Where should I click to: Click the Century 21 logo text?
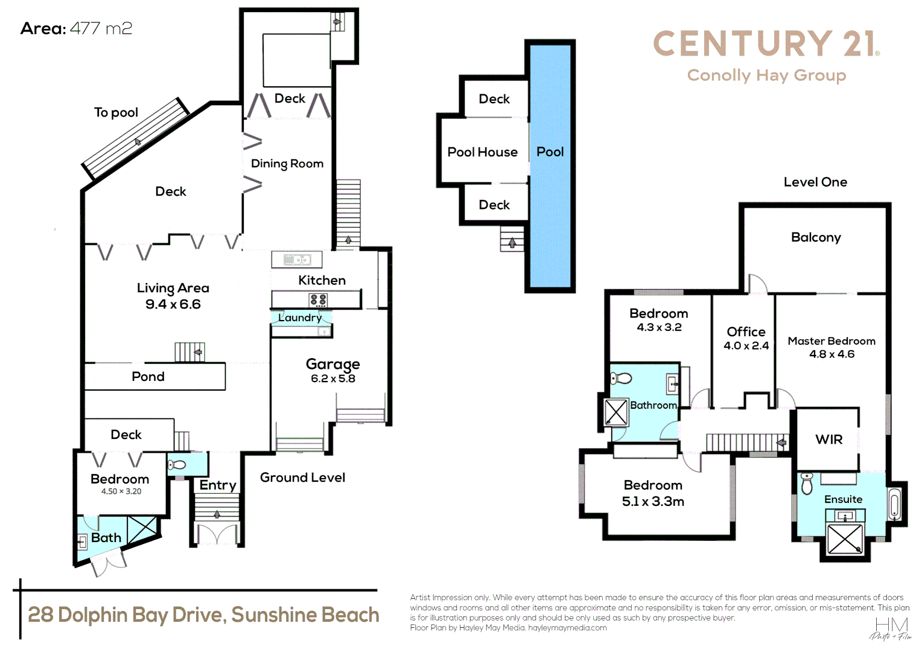[x=765, y=45]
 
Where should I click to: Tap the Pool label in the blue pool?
[x=550, y=152]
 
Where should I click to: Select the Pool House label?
[x=482, y=152]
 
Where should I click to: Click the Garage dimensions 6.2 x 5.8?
[x=333, y=379]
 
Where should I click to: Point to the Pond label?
[x=148, y=377]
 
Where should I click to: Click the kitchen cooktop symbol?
[x=318, y=299]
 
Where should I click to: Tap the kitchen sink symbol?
[x=297, y=260]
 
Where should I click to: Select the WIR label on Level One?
[x=828, y=439]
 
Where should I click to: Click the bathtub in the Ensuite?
[x=894, y=503]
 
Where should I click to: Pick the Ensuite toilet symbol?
[x=807, y=484]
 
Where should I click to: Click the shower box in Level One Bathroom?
[x=615, y=412]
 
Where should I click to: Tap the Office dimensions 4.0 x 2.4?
[x=746, y=346]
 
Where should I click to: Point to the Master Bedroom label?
[x=831, y=341]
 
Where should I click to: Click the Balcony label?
[x=815, y=237]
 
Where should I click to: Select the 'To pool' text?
[x=116, y=113]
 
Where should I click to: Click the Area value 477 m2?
[x=101, y=28]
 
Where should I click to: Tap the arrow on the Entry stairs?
[x=217, y=514]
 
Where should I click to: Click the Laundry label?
[x=300, y=318]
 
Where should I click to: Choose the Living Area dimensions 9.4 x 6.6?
[x=173, y=304]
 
